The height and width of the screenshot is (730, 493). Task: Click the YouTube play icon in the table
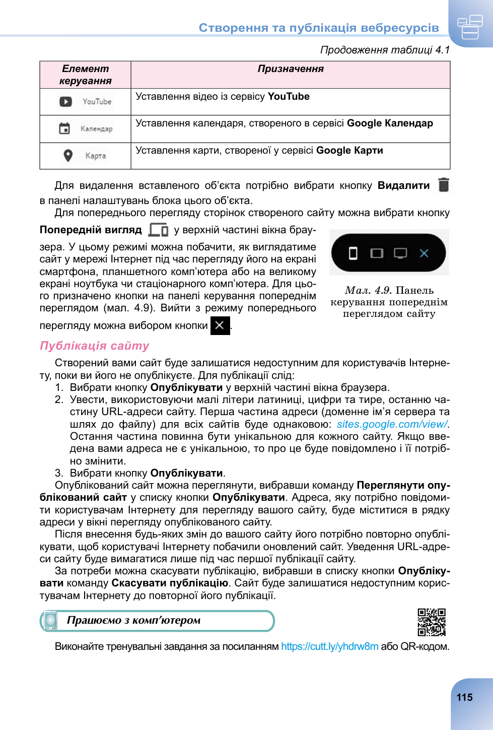click(x=66, y=102)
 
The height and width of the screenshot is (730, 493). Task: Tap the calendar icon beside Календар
click(x=65, y=128)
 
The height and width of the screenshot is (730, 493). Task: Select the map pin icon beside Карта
click(x=68, y=156)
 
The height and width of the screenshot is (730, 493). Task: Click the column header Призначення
click(x=291, y=69)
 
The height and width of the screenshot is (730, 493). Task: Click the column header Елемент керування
click(x=85, y=75)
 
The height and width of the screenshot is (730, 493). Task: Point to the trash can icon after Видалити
click(x=444, y=185)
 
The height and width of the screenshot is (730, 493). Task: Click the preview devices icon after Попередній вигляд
click(x=158, y=230)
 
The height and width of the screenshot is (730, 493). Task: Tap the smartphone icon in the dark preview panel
click(x=353, y=253)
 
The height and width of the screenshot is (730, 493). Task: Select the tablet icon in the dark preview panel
click(x=377, y=253)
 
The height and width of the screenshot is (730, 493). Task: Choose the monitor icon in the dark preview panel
click(x=400, y=253)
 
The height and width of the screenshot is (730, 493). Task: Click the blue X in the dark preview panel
click(x=424, y=253)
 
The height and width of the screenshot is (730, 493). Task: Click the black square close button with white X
click(x=220, y=325)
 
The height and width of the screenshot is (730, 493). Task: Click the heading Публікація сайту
click(x=95, y=346)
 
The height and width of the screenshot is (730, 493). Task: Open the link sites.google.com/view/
click(x=392, y=424)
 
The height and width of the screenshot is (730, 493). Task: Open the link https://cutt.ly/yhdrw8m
click(x=330, y=646)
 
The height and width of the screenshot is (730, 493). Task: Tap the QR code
click(x=432, y=622)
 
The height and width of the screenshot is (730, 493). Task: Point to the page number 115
click(x=464, y=698)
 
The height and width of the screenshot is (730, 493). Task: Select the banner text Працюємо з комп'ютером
click(x=134, y=621)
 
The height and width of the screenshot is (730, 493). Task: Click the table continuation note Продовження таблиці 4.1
click(x=385, y=50)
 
